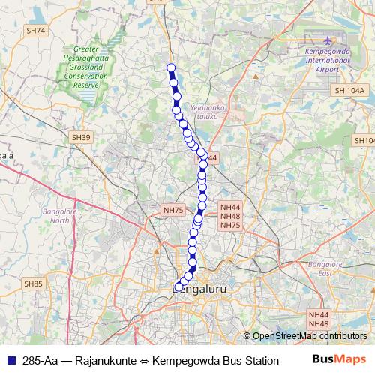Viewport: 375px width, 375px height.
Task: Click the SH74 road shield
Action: coord(35,31)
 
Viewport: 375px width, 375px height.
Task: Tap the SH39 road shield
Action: coord(80,138)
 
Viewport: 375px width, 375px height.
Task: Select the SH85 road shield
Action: coord(33,283)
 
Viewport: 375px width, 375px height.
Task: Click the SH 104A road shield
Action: coord(349,90)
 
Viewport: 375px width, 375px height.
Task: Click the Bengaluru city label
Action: coord(199,288)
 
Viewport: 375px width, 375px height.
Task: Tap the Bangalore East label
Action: coord(325,268)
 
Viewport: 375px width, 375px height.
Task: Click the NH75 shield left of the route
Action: coord(173,211)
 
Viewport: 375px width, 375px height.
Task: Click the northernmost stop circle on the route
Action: coord(171,68)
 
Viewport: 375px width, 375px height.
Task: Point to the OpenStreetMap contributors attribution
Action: coord(309,336)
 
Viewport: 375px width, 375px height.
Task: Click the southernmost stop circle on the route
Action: coord(177,286)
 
